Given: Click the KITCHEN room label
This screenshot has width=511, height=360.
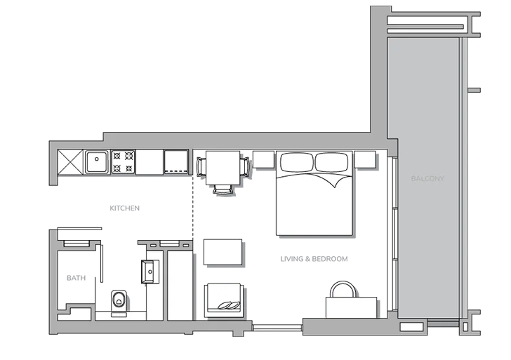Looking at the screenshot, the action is point(124,208).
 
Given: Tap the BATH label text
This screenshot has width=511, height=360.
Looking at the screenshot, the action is point(76,278).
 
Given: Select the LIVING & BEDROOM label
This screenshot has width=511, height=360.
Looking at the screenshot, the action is point(314,259).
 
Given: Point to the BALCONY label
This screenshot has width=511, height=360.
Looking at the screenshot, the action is point(427,178).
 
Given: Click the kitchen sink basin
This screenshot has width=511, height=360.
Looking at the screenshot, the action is point(96,162).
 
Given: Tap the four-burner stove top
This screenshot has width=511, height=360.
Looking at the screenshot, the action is point(123,162).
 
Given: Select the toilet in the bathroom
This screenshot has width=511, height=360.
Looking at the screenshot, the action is point(119,300).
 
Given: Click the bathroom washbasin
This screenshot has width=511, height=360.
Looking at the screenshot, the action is point(150,272).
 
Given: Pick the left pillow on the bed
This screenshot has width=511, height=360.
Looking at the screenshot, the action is point(297,162).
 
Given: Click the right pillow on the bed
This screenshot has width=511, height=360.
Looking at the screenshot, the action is point(331,162).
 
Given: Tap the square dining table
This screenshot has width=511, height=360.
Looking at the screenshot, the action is point(223,168).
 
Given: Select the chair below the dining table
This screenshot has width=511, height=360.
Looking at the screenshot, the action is point(223,189).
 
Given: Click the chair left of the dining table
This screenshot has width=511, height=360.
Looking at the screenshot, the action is point(201,167).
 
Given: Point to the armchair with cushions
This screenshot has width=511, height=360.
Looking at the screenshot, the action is point(224,300).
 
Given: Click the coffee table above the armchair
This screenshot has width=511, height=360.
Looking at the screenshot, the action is point(223,252).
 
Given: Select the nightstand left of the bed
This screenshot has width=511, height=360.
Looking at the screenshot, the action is point(263,159).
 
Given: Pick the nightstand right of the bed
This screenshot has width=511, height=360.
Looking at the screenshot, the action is point(365,159).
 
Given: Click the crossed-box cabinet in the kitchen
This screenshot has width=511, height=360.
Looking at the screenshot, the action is point(70,162).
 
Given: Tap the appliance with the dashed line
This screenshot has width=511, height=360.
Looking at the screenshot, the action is point(176,162).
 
